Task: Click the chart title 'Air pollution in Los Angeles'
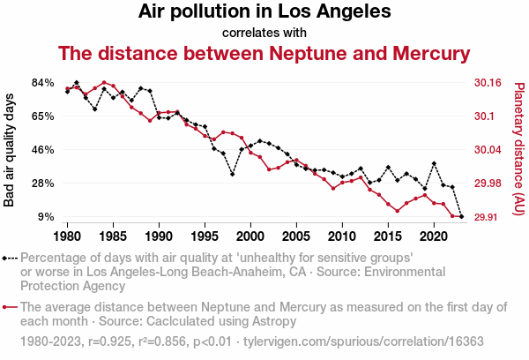[x=264, y=12]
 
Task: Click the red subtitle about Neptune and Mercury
[x=264, y=53]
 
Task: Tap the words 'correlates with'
[x=264, y=33]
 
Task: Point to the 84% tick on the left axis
[x=43, y=83]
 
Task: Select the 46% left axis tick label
[x=43, y=150]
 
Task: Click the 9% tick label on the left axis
[x=47, y=217]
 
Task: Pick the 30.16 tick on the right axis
[x=488, y=83]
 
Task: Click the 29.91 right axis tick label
[x=488, y=217]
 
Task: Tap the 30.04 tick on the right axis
[x=488, y=150]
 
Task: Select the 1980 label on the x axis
[x=68, y=236]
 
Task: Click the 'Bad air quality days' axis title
[x=10, y=150]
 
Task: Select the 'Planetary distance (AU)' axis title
[x=518, y=150]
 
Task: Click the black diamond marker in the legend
[x=7, y=258]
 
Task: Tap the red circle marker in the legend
[x=7, y=307]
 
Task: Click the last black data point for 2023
[x=461, y=216]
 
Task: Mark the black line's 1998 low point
[x=233, y=174]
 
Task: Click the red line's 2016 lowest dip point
[x=398, y=211]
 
